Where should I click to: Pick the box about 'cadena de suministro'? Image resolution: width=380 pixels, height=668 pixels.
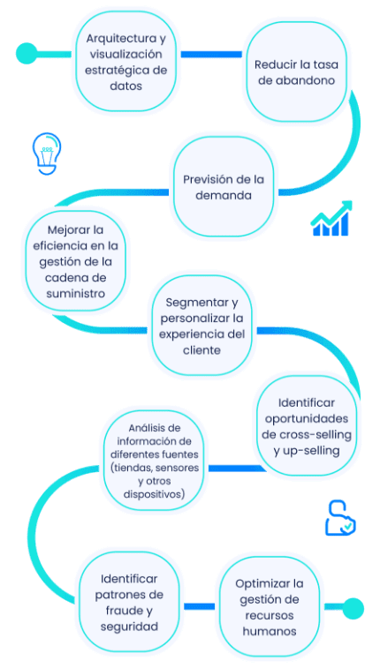tap(76, 261)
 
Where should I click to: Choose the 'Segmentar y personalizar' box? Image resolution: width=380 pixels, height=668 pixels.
tap(202, 326)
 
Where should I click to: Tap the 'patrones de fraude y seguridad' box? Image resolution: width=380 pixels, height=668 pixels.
tap(129, 602)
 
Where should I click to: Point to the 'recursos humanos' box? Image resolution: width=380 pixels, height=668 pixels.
tap(270, 607)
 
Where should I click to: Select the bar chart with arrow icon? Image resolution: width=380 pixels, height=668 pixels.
tap(331, 218)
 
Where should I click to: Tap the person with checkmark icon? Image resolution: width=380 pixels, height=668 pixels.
tap(338, 518)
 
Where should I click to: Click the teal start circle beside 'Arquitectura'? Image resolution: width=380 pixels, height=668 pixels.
tap(27, 53)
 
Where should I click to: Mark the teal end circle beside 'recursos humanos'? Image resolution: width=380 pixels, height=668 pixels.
tap(353, 607)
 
